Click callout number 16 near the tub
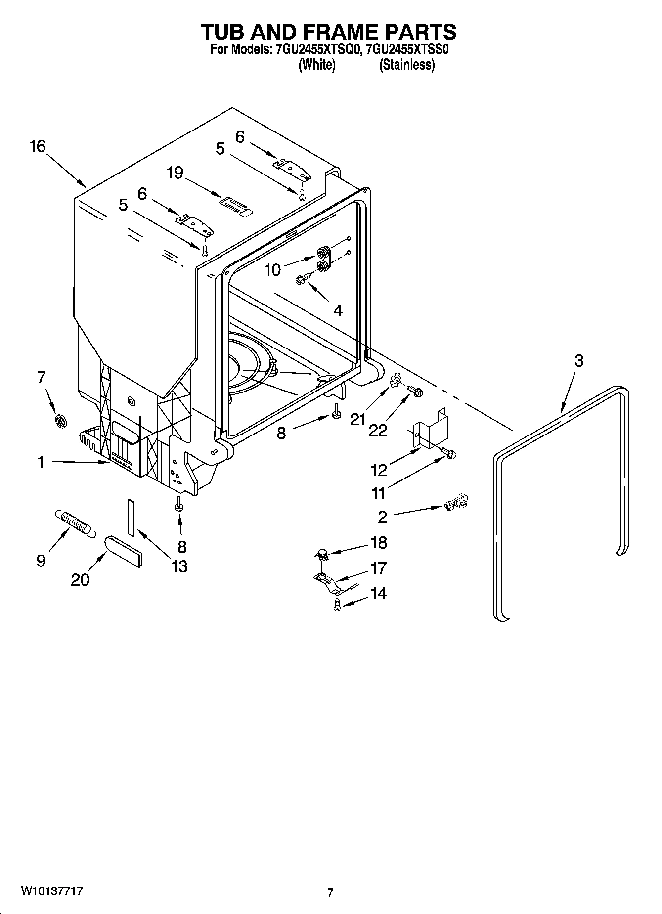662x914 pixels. [38, 146]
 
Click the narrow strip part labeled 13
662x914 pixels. [131, 517]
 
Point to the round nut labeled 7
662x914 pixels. [61, 422]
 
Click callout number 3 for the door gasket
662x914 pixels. [579, 361]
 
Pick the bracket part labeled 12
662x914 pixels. [429, 430]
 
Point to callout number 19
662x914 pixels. [175, 173]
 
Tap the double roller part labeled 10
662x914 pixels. [324, 260]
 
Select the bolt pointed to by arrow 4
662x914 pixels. [302, 281]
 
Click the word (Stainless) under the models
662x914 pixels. [407, 65]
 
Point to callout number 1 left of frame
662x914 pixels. [41, 463]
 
